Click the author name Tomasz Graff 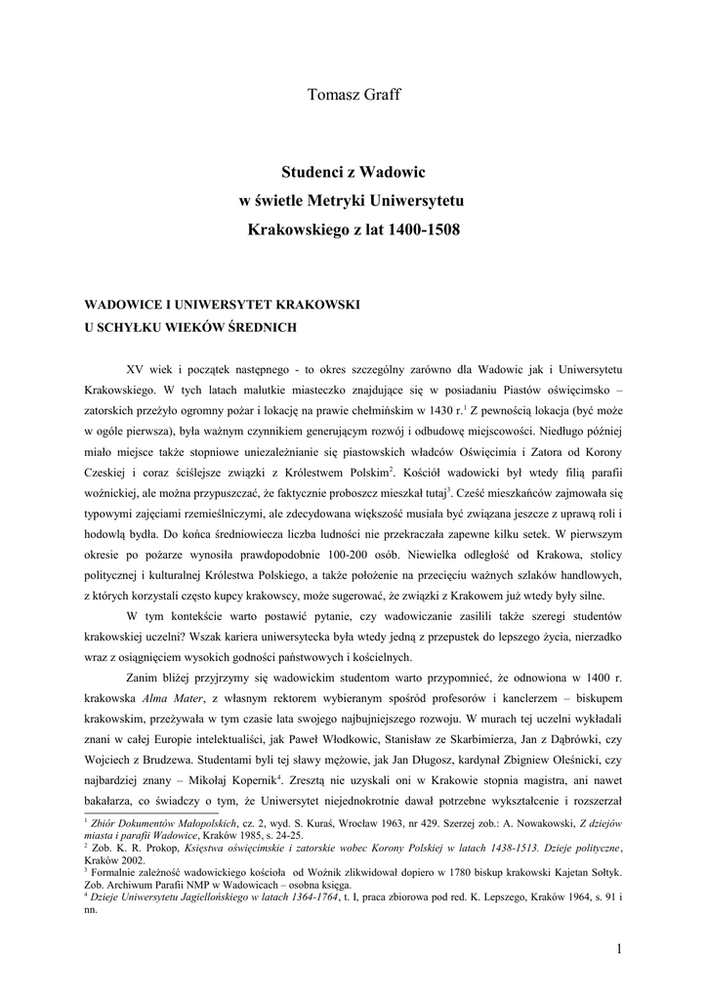tap(353, 95)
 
